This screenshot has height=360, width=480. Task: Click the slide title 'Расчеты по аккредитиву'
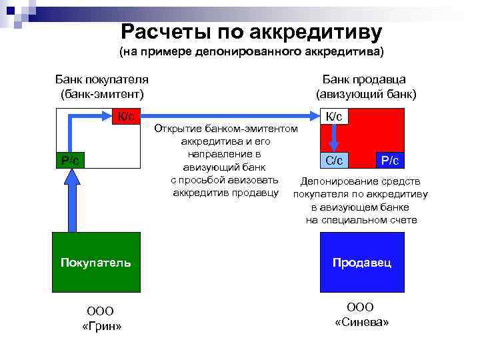251,31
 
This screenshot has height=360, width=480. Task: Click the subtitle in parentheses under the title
251,51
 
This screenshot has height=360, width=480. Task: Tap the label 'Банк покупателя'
101,79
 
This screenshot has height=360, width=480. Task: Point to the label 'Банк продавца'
369,79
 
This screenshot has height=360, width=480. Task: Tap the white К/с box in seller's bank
333,117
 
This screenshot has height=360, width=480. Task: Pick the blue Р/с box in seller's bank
389,160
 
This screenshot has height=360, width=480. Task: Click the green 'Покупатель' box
96,263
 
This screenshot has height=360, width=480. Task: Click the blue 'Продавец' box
362,263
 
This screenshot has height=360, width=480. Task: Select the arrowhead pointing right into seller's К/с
313,117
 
